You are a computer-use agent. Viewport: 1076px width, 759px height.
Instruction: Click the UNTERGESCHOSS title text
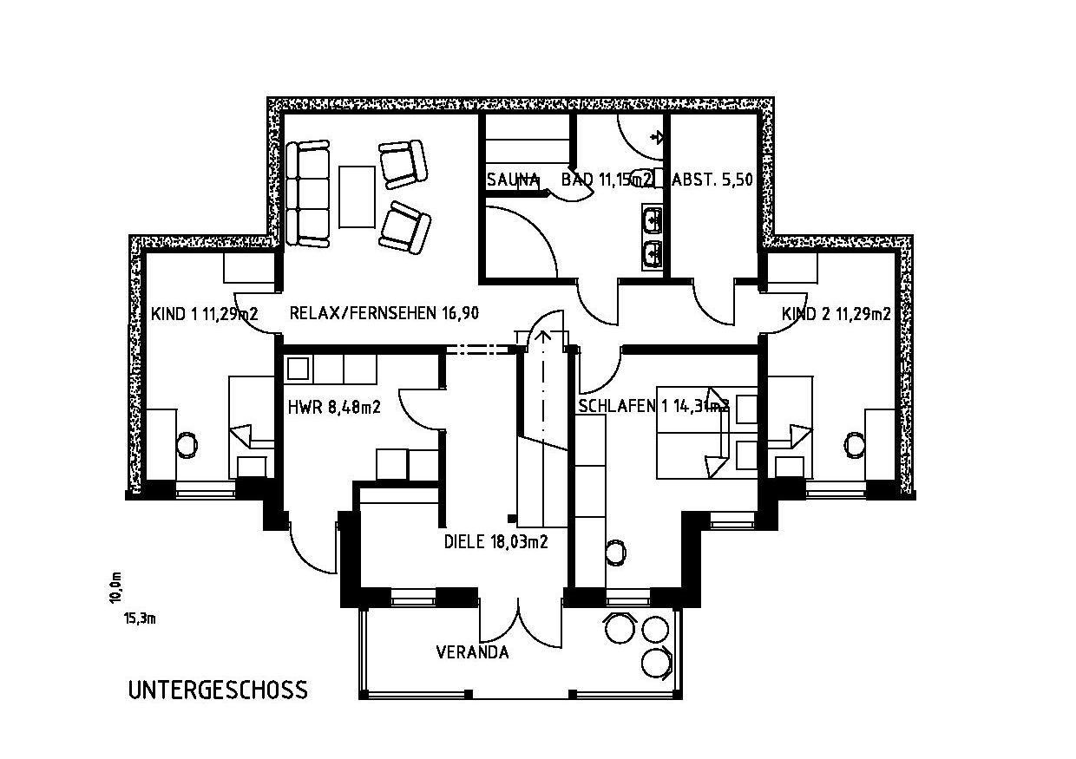pos(217,690)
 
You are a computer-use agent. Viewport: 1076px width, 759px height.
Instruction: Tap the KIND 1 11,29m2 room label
pos(204,314)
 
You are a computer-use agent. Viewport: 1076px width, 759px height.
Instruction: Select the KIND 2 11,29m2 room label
pos(836,314)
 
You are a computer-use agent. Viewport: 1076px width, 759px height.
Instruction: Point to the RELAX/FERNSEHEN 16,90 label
pos(384,314)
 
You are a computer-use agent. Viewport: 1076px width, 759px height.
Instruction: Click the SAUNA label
pos(513,180)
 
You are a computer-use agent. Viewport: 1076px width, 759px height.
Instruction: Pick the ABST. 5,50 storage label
pos(712,180)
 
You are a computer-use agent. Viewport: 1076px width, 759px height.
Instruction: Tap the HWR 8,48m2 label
pos(334,406)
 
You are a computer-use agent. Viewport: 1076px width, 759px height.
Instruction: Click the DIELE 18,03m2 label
pos(495,542)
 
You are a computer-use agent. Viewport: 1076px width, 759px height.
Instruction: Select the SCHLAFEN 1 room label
pos(653,406)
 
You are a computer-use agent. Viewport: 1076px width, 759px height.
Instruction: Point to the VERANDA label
pos(472,652)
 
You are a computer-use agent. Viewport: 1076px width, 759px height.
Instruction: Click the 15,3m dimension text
pos(139,618)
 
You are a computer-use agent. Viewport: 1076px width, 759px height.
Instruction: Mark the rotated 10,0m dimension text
pos(115,587)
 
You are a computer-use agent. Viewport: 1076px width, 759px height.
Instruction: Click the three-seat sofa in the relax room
pos(308,195)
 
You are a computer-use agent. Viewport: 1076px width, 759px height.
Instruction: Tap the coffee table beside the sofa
pos(357,196)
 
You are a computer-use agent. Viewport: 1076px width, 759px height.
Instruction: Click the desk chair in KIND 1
pos(187,445)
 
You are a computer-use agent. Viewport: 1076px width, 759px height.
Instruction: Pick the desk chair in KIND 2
pos(855,445)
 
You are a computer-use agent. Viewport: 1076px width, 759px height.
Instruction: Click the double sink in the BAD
pos(653,235)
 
